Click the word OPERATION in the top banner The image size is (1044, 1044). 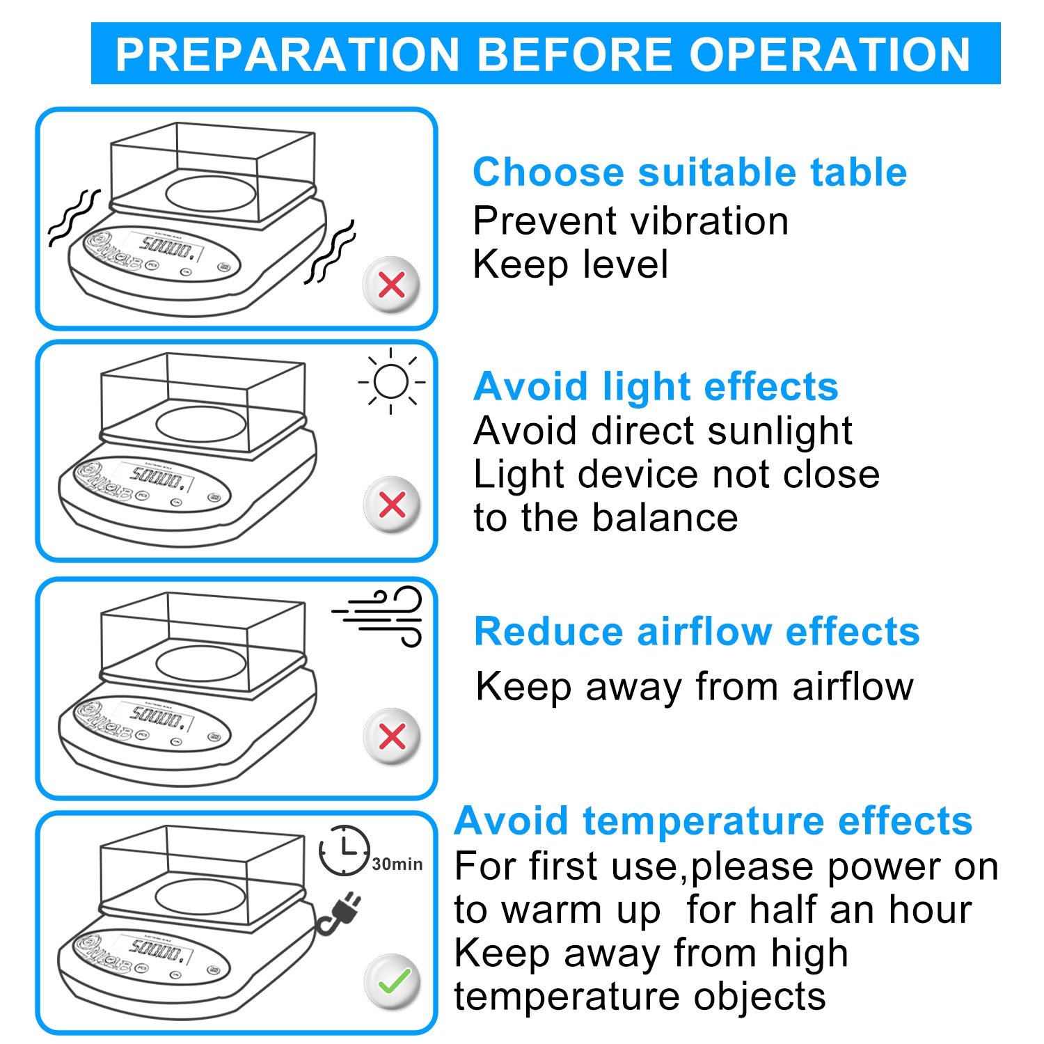point(830,54)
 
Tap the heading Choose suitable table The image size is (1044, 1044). point(689,172)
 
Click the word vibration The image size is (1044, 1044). point(709,221)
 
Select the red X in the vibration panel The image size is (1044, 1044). point(392,285)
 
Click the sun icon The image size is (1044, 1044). point(391,381)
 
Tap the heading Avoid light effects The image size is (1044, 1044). point(656,386)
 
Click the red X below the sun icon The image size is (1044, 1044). point(393,505)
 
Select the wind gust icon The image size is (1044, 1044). point(380,615)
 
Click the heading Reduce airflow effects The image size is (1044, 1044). point(697,631)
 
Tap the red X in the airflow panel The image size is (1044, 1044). point(393,736)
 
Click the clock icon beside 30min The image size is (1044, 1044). point(344,850)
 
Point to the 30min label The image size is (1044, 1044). point(397,864)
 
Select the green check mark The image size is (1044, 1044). point(393,981)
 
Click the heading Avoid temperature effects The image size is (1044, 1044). point(713,821)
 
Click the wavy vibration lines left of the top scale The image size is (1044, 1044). point(73,217)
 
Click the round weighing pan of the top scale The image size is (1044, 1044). point(211,193)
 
